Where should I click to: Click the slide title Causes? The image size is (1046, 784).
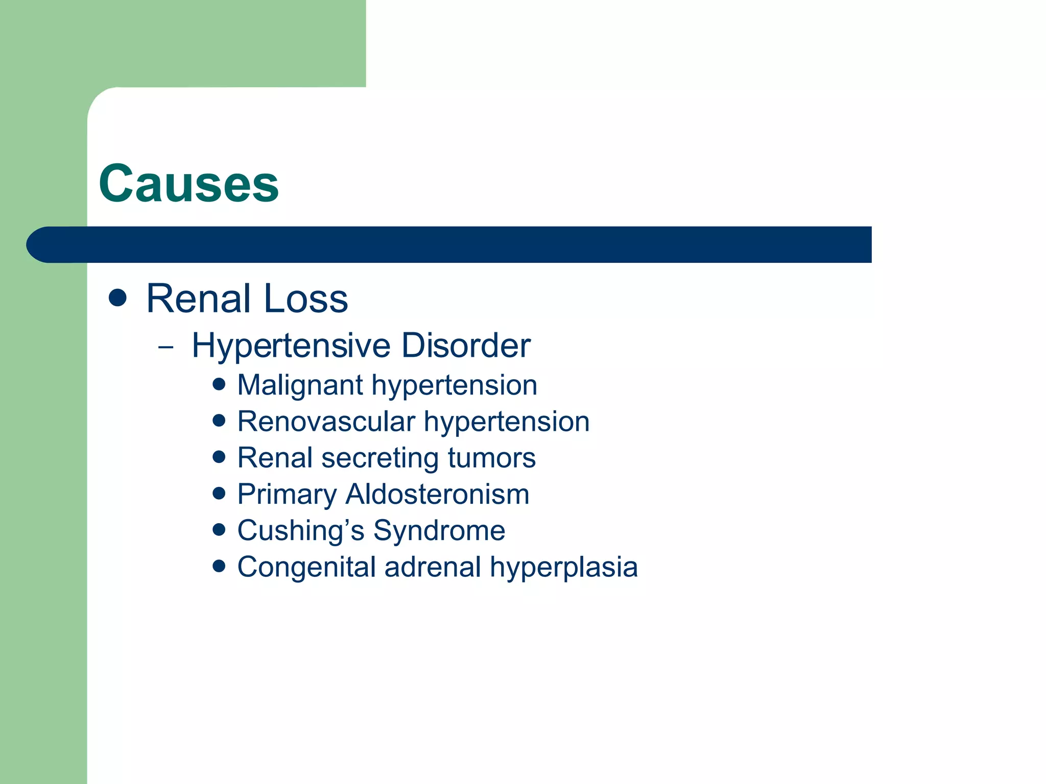click(188, 184)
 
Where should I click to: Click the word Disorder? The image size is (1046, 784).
click(466, 346)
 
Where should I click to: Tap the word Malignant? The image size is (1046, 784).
click(300, 386)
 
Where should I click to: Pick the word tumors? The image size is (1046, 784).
click(491, 458)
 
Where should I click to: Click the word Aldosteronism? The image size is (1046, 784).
click(437, 495)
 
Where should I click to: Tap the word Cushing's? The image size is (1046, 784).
click(301, 531)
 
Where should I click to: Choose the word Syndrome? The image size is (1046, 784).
click(439, 531)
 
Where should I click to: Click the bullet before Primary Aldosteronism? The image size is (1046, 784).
click(219, 493)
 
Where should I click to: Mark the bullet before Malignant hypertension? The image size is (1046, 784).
click(219, 384)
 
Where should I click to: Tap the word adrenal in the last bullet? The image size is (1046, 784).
click(433, 567)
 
